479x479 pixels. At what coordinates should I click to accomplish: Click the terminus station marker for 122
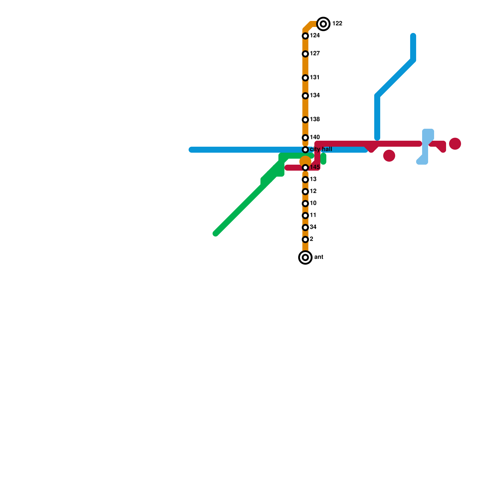click(x=323, y=24)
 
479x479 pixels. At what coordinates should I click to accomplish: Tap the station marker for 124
click(x=305, y=36)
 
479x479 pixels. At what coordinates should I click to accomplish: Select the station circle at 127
click(x=305, y=54)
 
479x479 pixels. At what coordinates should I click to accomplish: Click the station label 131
click(x=315, y=78)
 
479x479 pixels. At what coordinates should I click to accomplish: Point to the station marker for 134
click(x=305, y=96)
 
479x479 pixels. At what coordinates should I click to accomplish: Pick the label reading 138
click(x=315, y=119)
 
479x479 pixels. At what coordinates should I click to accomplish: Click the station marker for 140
click(x=305, y=138)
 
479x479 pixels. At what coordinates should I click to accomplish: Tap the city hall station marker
click(x=305, y=150)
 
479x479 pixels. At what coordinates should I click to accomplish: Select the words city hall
click(x=321, y=149)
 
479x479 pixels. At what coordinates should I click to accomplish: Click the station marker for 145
click(x=305, y=168)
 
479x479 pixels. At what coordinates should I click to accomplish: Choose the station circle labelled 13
click(x=305, y=180)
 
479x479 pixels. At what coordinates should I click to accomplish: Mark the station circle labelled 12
click(x=305, y=192)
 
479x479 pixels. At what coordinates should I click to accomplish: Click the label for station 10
click(x=313, y=203)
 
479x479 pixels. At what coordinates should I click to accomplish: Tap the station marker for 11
click(x=305, y=216)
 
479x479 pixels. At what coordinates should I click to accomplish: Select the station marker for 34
click(x=305, y=228)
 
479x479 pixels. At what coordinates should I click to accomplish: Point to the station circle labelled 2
click(x=305, y=239)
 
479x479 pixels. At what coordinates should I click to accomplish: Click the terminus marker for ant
click(x=305, y=257)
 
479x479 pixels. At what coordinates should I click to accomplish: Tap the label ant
click(x=319, y=257)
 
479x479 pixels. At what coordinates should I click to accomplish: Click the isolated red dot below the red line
click(x=389, y=156)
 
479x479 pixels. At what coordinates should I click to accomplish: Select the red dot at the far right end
click(x=455, y=144)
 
